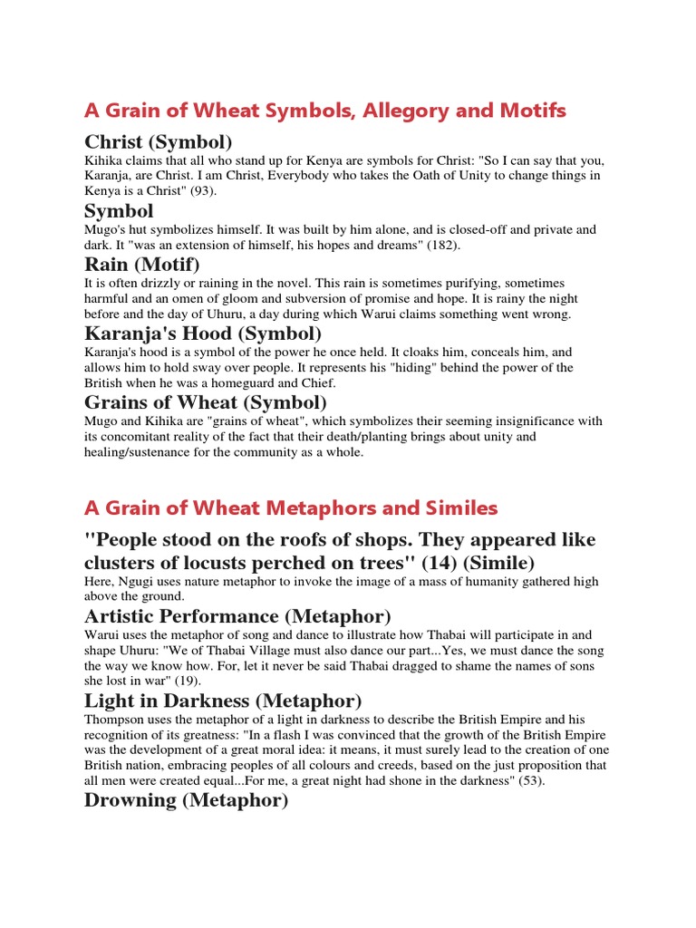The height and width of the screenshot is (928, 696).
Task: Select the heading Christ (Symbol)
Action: tap(159, 142)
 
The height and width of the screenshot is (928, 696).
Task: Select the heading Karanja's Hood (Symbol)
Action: tap(203, 333)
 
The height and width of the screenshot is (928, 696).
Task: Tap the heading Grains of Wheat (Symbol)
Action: tap(206, 401)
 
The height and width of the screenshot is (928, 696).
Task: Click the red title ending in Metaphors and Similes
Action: tap(291, 507)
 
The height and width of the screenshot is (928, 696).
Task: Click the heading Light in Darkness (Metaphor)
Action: tap(223, 701)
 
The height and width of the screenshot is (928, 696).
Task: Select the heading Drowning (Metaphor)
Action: tap(186, 800)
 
